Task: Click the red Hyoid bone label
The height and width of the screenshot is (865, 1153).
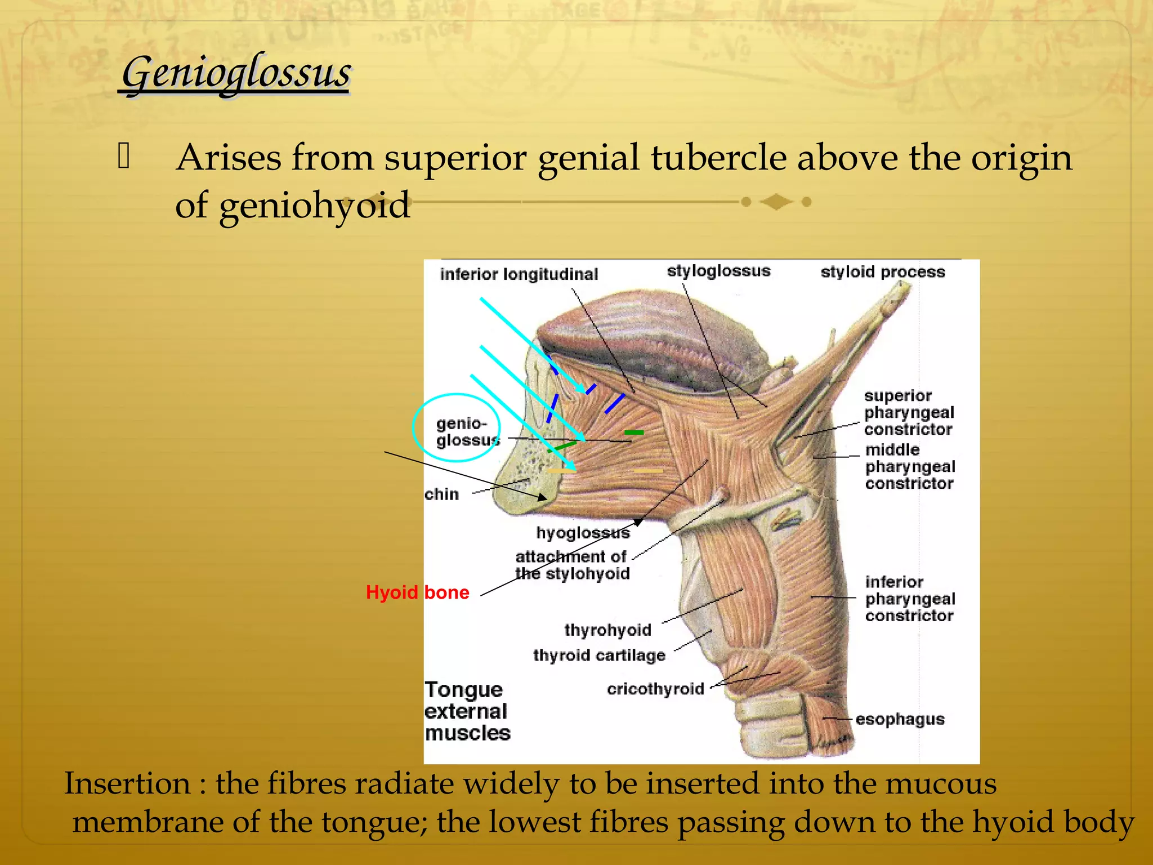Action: (417, 592)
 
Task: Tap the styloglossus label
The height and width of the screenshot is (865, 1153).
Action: (718, 271)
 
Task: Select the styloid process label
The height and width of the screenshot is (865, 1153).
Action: (882, 272)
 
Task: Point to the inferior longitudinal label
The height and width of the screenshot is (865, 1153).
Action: (519, 274)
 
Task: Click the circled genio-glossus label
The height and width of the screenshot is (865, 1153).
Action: (466, 431)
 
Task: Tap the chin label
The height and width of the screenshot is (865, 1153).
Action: (442, 494)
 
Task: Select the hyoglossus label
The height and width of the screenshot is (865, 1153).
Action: (583, 533)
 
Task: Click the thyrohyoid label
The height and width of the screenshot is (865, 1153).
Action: (607, 630)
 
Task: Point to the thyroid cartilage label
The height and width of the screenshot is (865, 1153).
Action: (599, 656)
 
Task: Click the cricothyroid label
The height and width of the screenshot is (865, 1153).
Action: (655, 689)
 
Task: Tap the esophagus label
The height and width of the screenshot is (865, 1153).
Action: (900, 719)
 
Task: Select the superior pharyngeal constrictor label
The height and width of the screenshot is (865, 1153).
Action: (909, 412)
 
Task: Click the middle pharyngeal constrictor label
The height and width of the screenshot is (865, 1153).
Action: (910, 466)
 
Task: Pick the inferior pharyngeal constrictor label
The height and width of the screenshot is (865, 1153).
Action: (910, 599)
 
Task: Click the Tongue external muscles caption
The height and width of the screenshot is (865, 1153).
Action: (467, 711)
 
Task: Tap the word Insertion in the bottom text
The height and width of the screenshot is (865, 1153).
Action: (127, 784)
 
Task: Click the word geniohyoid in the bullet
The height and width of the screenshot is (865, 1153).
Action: (314, 206)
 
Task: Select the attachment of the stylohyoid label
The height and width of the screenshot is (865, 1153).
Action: (572, 565)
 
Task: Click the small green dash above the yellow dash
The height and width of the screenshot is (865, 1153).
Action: (634, 432)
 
